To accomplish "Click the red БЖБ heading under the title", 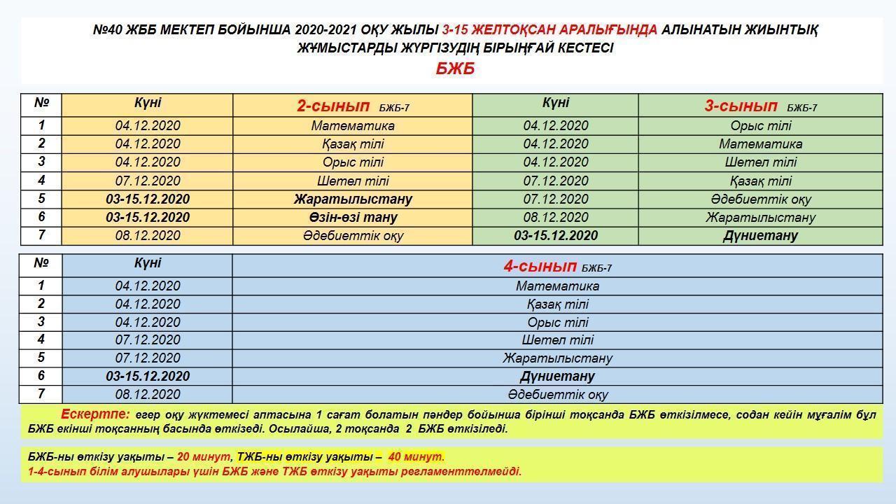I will point(455,69).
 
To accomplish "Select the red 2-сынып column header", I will point(333,106).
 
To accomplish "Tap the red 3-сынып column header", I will point(741,106).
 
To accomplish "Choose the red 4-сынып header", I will point(540,267).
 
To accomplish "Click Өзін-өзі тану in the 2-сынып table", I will point(353,217).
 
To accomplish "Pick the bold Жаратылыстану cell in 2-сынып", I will point(353,199).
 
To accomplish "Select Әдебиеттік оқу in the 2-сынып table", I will point(353,236).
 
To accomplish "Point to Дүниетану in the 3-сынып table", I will point(760,236).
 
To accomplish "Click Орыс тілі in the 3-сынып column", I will point(760,126).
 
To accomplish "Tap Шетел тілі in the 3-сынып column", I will point(760,162).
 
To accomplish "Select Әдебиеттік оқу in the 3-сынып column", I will point(760,199).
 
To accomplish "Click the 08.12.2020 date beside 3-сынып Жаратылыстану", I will point(556,217).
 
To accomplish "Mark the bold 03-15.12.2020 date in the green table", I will point(556,236).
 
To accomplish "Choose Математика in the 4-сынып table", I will point(557,286).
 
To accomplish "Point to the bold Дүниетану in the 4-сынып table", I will point(557,376).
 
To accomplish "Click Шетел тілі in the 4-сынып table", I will point(557,340).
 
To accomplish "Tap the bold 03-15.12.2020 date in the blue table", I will point(148,376).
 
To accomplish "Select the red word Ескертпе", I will point(95,414).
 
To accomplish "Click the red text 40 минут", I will point(416,457).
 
